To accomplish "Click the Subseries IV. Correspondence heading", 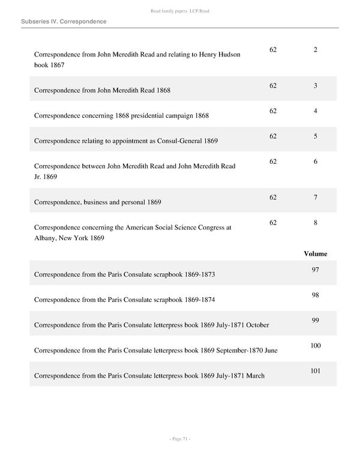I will tap(64, 22).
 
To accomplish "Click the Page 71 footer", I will tap(180, 440).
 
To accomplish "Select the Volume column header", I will tap(315, 253).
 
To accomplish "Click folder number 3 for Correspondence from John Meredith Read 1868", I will tap(315, 86).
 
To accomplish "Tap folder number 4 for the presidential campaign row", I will tap(315, 111).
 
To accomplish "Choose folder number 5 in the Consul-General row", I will tap(315, 136).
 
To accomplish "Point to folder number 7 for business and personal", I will tap(315, 198).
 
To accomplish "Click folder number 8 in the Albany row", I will tap(315, 223).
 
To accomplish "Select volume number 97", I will tap(315, 270).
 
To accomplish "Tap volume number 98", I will tap(315, 295).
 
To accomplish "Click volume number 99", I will tap(315, 320).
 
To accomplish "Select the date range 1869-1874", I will tap(200, 300).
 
